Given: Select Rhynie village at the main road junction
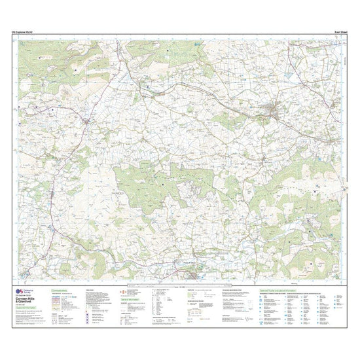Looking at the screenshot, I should click(x=86, y=121).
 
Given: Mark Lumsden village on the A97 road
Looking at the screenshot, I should click(x=51, y=194).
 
